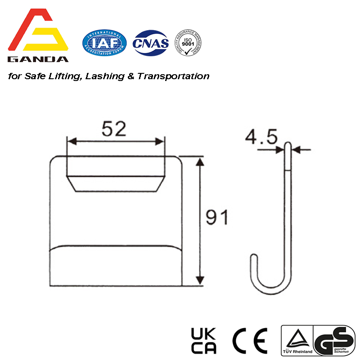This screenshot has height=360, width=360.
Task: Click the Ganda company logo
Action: [x=39, y=36]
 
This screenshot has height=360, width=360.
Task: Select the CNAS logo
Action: [x=151, y=43]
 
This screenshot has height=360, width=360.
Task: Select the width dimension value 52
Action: [x=113, y=130]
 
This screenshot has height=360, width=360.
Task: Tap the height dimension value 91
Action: [x=217, y=218]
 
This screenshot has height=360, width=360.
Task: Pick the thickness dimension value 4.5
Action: [x=261, y=137]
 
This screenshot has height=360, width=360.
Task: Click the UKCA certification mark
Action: [x=204, y=341]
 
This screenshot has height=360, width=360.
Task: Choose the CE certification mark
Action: [x=250, y=341]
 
